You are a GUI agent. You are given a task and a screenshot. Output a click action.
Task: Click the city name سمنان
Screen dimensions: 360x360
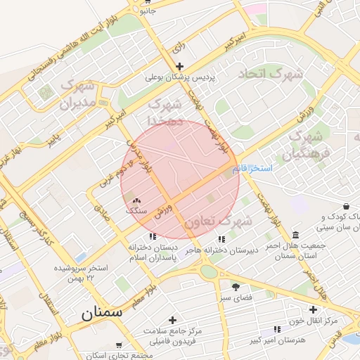click(x=102, y=312)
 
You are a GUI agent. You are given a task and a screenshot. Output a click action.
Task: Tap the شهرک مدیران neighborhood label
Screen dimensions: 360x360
click(x=77, y=95)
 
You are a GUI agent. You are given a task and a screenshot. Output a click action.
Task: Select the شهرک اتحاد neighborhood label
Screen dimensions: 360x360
click(x=271, y=74)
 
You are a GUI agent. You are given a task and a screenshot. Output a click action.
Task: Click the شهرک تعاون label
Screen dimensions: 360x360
click(x=218, y=222)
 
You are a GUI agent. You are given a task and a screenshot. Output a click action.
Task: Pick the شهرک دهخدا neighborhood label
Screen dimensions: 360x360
click(x=166, y=112)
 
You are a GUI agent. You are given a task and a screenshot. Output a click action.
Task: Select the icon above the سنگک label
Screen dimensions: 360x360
click(x=136, y=201)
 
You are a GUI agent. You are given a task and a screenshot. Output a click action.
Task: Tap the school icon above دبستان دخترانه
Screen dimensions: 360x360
click(x=153, y=236)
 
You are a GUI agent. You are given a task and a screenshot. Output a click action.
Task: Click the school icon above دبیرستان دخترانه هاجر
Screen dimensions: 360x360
click(x=222, y=239)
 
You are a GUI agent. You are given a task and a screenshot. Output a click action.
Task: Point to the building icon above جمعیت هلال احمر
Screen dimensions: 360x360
click(x=294, y=234)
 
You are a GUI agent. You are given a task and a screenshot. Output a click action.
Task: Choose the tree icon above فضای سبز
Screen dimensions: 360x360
click(x=235, y=286)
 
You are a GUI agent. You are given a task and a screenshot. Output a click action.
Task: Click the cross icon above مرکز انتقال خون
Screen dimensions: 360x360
click(x=314, y=310)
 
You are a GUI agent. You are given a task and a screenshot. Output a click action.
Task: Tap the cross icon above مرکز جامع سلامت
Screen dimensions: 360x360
click(x=172, y=320)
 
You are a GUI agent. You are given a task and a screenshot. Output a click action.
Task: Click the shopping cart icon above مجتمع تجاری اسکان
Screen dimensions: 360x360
click(x=119, y=345)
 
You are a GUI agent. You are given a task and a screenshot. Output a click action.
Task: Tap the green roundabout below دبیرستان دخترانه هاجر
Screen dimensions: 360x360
click(x=209, y=271)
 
